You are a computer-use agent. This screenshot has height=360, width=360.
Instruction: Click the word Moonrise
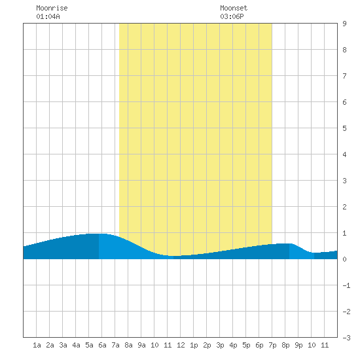[52, 8]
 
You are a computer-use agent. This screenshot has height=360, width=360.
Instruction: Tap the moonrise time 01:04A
[48, 16]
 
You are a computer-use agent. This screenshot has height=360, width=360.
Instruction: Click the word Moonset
[234, 8]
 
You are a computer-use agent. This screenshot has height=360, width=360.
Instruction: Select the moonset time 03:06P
[232, 16]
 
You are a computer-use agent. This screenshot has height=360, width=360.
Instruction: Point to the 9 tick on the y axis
[344, 24]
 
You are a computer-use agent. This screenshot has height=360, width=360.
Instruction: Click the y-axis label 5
[344, 128]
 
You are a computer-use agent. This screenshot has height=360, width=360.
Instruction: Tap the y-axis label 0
[344, 259]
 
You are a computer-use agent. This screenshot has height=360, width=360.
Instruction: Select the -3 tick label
[346, 338]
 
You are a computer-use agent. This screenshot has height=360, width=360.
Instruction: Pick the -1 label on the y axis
[346, 285]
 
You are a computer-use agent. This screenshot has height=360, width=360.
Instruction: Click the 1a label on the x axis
[37, 345]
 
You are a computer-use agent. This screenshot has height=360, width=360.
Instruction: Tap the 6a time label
[102, 345]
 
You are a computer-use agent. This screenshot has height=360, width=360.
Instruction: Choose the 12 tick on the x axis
[181, 345]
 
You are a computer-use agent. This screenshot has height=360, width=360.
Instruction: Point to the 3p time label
[220, 345]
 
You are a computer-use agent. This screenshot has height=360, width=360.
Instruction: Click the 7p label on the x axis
[272, 345]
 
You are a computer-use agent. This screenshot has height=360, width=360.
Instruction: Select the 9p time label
[298, 345]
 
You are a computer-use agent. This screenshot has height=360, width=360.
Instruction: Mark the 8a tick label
[128, 345]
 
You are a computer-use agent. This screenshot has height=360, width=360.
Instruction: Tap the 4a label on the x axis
[76, 345]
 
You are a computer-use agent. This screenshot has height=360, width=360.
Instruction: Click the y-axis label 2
[344, 207]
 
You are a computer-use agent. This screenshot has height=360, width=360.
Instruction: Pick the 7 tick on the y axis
[344, 76]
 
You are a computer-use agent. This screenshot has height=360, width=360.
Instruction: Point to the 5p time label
[246, 345]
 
